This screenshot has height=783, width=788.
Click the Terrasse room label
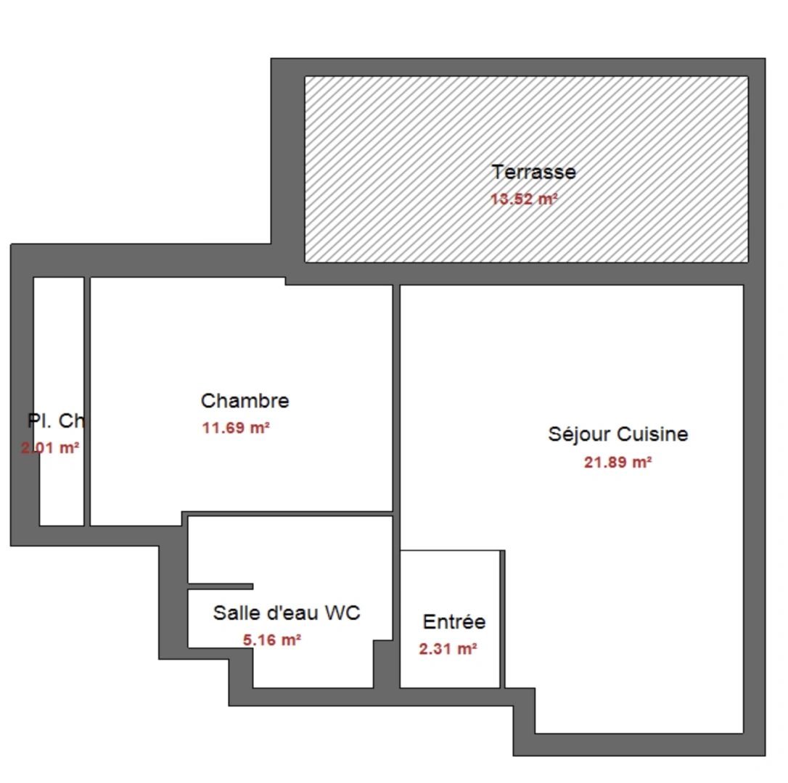[533, 173]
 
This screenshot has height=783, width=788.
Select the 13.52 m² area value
[524, 199]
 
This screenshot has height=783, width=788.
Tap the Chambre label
[245, 400]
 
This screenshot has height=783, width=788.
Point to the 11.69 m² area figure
[236, 428]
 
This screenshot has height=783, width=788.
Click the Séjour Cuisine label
[617, 434]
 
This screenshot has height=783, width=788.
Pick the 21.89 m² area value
[617, 462]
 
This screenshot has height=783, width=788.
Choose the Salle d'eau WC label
[286, 613]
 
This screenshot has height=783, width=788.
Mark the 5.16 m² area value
[271, 639]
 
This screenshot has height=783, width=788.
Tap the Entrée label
[453, 622]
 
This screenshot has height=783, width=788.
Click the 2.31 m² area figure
[448, 649]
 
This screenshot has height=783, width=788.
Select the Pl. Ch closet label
[56, 420]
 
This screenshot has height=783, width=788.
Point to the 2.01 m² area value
[51, 448]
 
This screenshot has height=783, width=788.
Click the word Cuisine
[652, 434]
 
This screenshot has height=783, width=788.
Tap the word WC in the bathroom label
[342, 613]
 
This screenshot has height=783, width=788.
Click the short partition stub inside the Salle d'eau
[221, 586]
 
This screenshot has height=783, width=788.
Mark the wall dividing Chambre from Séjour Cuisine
[396, 399]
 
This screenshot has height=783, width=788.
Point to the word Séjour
[579, 434]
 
